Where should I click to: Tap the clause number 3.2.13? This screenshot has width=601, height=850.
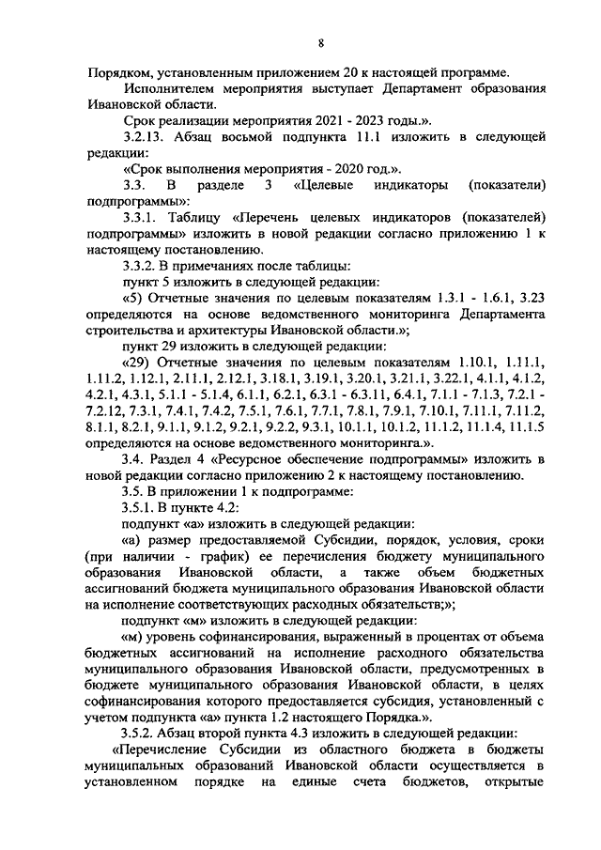tap(146, 138)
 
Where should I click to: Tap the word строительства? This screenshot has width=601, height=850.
tap(131, 332)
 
